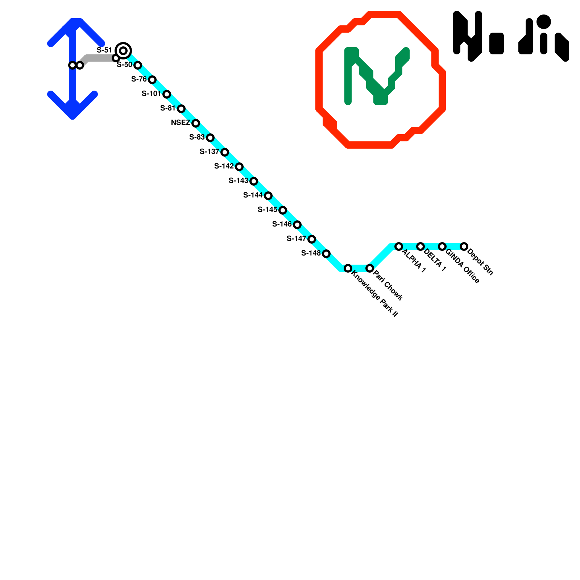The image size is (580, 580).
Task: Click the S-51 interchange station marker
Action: [123, 50]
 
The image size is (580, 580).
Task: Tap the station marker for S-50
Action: [138, 65]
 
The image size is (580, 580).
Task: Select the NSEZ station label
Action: [181, 123]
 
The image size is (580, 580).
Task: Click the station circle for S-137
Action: [225, 152]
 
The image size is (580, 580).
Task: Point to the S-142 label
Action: [224, 166]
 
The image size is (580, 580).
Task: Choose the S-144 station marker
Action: [268, 196]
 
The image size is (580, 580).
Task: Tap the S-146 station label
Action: [282, 224]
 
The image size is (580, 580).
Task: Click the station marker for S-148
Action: [326, 254]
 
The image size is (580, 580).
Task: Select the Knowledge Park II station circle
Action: [348, 268]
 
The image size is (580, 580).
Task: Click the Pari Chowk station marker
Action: [370, 268]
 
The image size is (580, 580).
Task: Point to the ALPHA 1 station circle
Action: [399, 246]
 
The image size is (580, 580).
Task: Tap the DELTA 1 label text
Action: [435, 260]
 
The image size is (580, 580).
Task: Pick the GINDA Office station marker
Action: [442, 246]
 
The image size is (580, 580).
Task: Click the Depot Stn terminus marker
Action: [464, 246]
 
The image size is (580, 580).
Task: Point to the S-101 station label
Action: [151, 94]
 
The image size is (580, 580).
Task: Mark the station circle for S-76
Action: [152, 80]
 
